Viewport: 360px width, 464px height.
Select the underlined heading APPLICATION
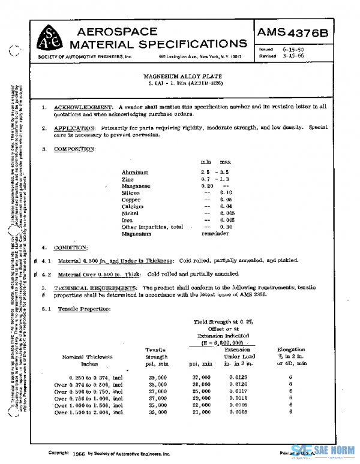pos(74,128)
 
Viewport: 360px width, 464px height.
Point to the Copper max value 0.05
pos(226,200)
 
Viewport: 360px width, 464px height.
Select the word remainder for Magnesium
pos(216,234)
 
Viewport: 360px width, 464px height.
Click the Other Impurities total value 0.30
pos(226,227)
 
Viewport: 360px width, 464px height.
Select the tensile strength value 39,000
pos(158,377)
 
